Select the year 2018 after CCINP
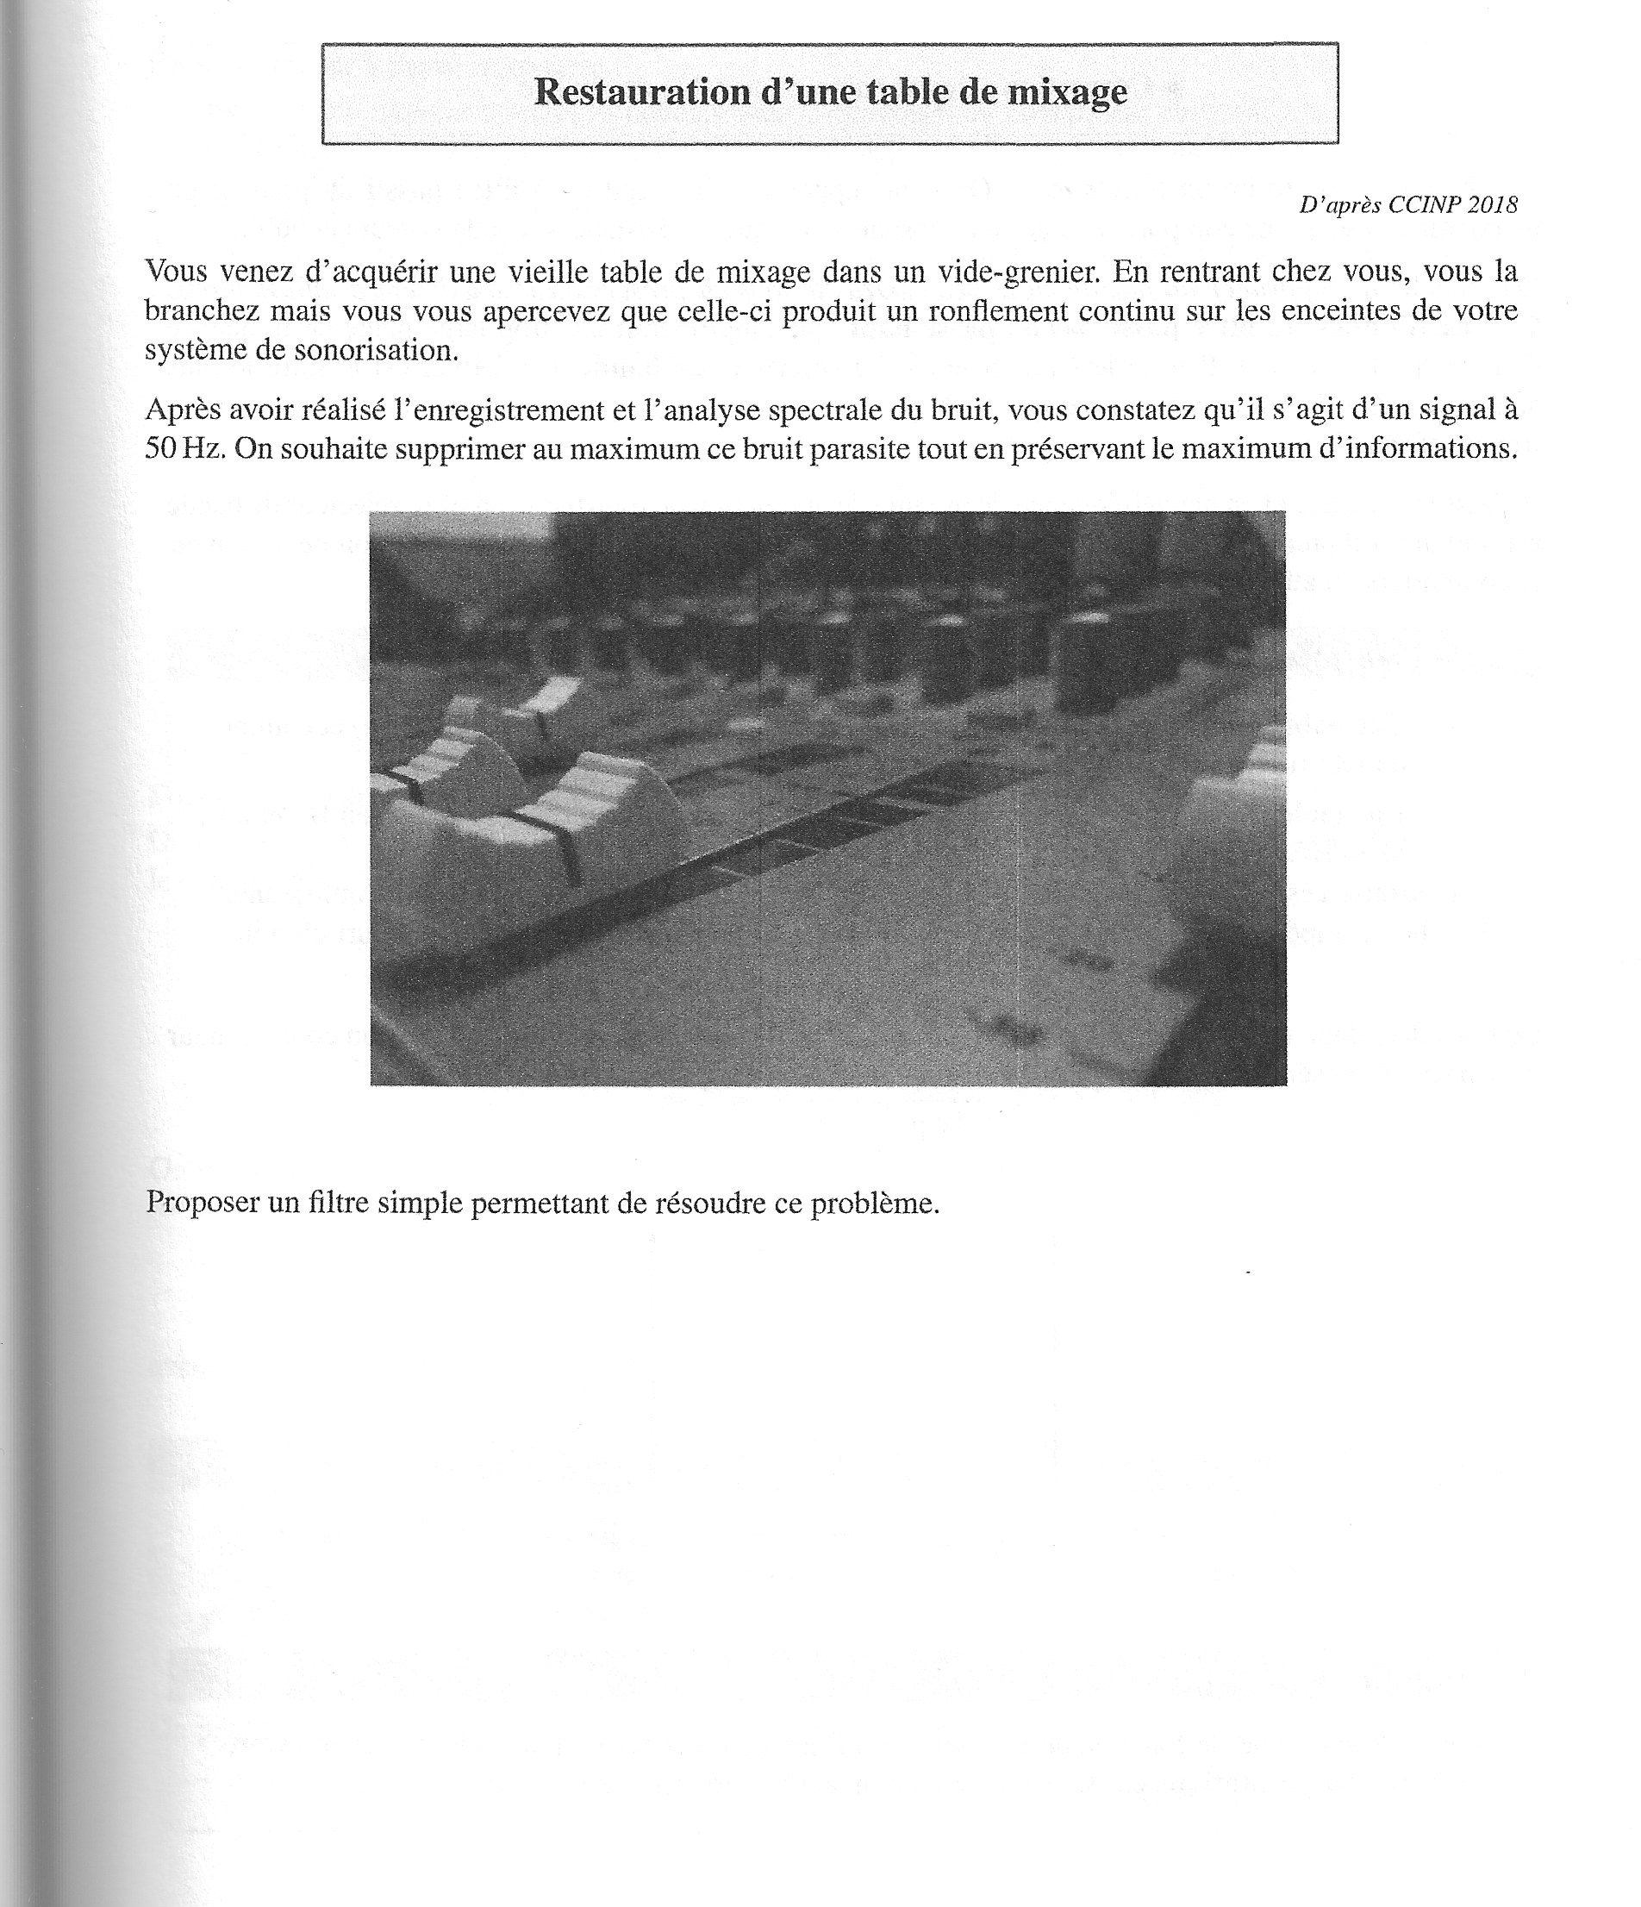tap(1492, 205)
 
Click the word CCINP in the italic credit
tap(1425, 205)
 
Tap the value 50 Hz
tap(185, 448)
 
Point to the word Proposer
tap(203, 1203)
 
